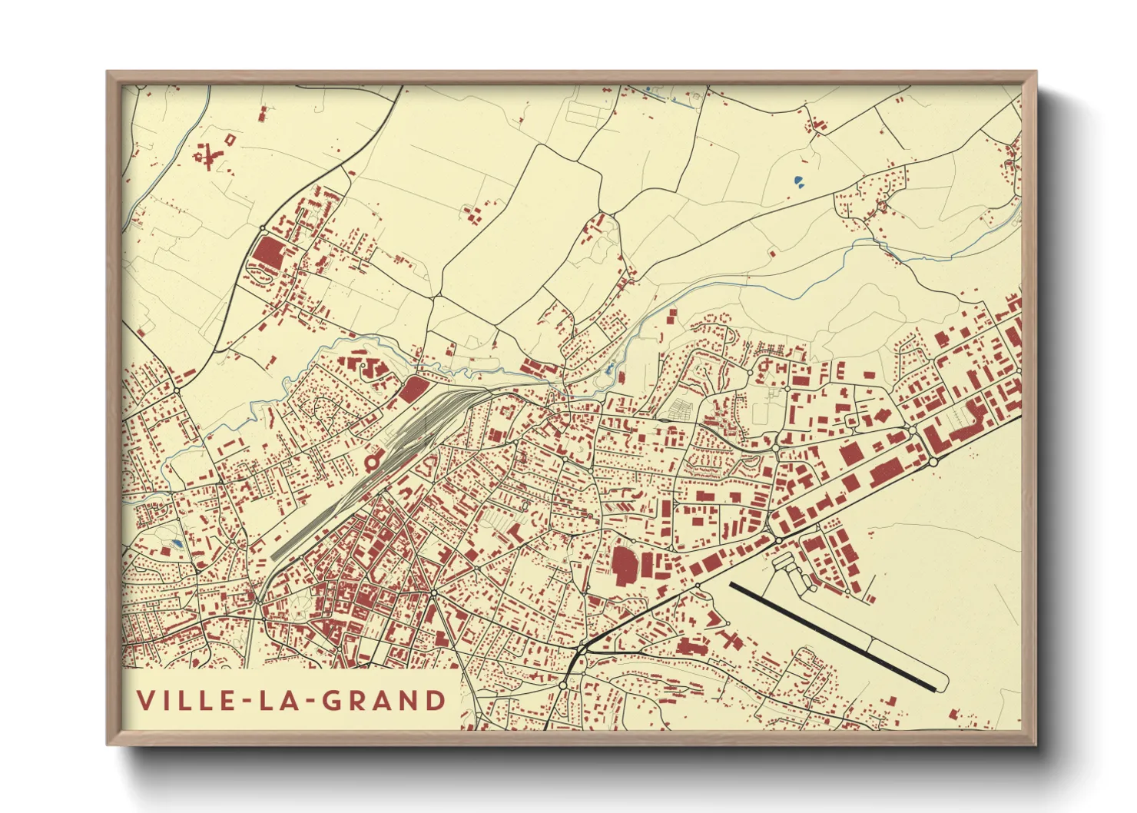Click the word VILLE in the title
(185, 701)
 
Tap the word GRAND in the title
(383, 701)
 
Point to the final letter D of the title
(436, 701)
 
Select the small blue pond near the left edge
(177, 544)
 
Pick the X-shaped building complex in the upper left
(207, 157)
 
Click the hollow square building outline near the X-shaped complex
(230, 138)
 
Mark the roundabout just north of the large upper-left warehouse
(263, 229)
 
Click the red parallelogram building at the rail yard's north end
(413, 389)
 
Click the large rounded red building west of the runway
(625, 566)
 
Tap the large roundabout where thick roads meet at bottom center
(582, 652)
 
